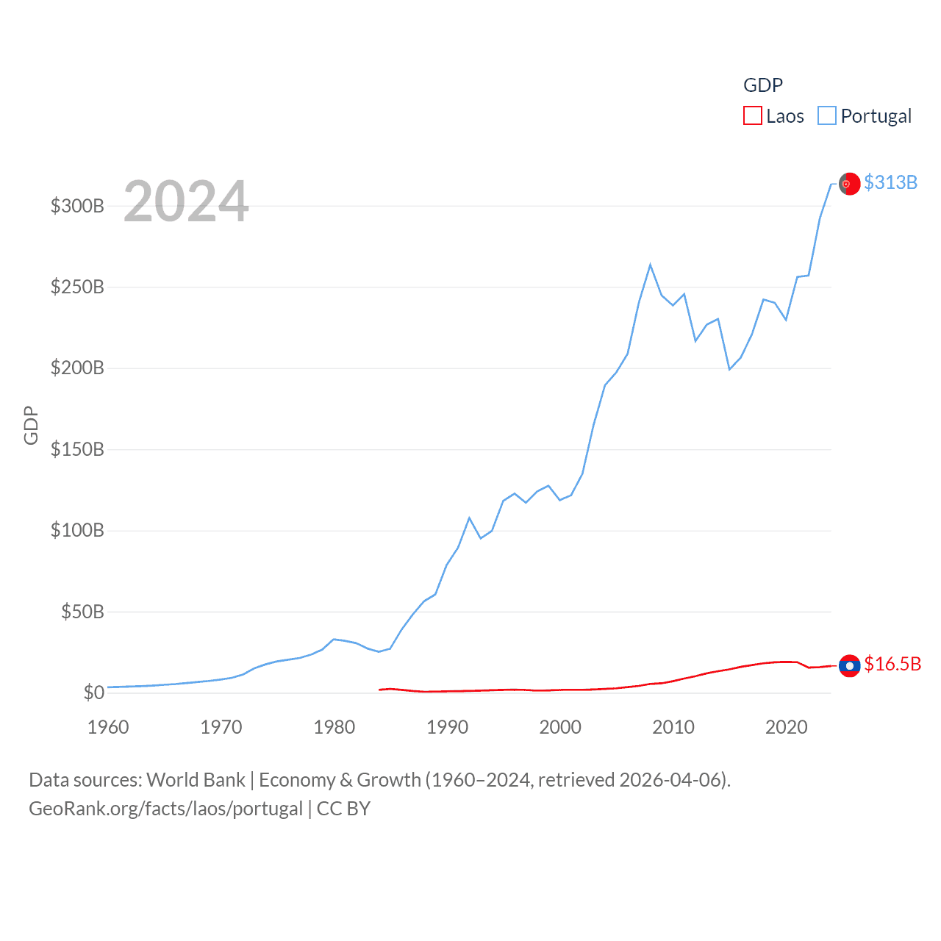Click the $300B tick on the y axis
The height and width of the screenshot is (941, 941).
[77, 206]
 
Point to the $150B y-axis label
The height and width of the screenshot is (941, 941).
[77, 449]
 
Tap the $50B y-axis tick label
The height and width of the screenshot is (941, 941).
[82, 612]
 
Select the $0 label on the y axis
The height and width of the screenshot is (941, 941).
[93, 693]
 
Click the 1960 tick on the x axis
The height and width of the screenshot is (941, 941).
[108, 727]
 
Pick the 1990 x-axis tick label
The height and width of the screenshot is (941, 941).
[447, 727]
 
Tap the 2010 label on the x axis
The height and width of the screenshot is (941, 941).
[673, 727]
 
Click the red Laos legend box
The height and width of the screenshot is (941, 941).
[753, 116]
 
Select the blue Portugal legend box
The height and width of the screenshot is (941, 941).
[827, 116]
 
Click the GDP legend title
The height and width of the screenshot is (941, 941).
[763, 85]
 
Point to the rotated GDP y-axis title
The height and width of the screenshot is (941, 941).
[31, 425]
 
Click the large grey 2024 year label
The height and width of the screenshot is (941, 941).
[186, 201]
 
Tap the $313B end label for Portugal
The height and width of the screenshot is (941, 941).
[890, 182]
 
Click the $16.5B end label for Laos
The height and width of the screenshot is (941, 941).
[892, 664]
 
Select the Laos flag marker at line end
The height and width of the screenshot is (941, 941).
[850, 665]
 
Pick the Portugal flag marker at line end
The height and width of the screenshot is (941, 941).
[850, 184]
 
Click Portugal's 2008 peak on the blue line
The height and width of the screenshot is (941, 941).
[650, 265]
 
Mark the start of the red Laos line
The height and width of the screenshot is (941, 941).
[379, 690]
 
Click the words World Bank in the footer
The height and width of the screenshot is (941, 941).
[196, 779]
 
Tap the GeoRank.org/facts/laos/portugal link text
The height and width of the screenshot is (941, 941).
[165, 809]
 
